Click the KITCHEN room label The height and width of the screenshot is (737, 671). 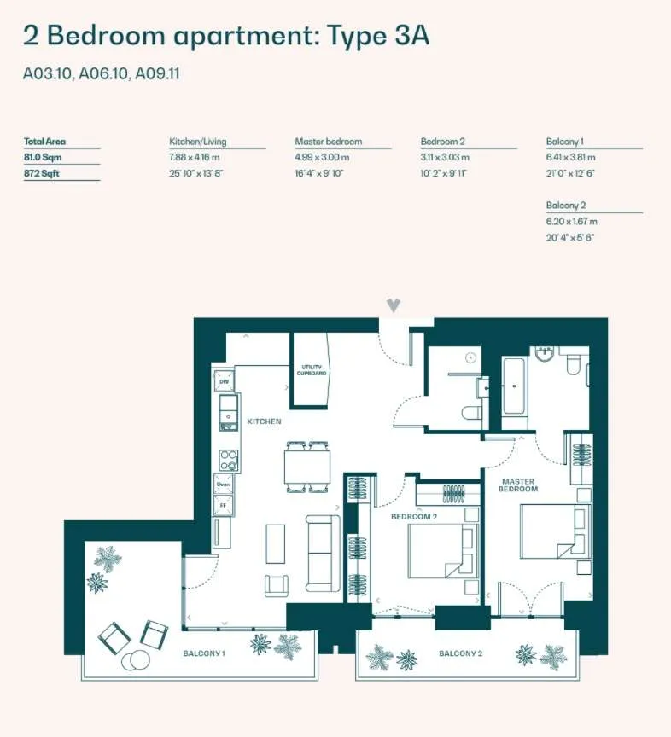click(264, 421)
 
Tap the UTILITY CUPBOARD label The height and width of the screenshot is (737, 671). click(312, 370)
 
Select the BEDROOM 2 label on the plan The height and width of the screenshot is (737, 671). click(414, 516)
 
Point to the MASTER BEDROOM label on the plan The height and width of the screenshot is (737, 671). click(518, 485)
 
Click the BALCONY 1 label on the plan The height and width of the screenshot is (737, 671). click(204, 653)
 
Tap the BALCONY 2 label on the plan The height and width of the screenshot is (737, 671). click(460, 653)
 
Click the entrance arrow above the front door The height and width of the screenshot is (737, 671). click(394, 305)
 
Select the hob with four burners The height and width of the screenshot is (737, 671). click(229, 460)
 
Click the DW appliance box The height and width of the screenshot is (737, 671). click(224, 380)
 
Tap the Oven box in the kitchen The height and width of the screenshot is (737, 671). click(223, 485)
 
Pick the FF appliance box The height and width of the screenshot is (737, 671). click(223, 505)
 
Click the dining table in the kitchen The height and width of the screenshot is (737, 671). click(306, 467)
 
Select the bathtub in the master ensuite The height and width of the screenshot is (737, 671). click(513, 386)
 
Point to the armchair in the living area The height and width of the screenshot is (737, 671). click(277, 586)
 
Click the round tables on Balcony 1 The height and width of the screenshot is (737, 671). click(136, 660)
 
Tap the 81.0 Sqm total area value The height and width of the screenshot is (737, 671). click(43, 157)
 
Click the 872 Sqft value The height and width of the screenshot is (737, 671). click(42, 173)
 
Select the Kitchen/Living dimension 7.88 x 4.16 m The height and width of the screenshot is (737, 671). click(195, 157)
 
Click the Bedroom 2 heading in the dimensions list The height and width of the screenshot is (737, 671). click(443, 141)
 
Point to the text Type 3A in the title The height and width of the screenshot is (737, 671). click(378, 36)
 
